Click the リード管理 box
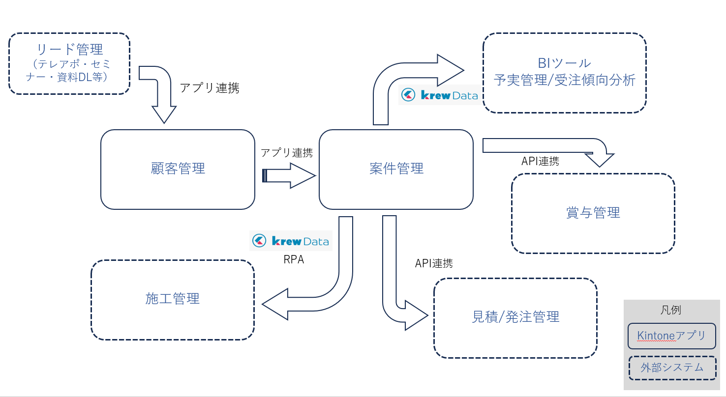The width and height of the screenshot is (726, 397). tap(69, 63)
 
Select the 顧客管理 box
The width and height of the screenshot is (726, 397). tap(178, 169)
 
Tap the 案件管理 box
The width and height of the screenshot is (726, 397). tap(396, 169)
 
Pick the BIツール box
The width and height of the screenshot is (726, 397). tap(564, 73)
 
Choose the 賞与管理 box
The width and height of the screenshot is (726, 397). tap(593, 213)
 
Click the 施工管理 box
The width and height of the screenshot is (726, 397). tap(172, 299)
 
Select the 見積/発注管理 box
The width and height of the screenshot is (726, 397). tap(515, 317)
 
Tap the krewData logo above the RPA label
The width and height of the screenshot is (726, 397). tap(290, 241)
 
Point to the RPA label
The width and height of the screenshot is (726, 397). tap(294, 260)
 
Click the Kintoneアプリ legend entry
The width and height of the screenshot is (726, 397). tap(671, 336)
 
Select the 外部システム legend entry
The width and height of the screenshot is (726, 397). tap(672, 368)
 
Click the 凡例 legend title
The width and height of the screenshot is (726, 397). tap(671, 310)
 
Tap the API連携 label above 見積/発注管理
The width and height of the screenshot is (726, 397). tap(434, 263)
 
